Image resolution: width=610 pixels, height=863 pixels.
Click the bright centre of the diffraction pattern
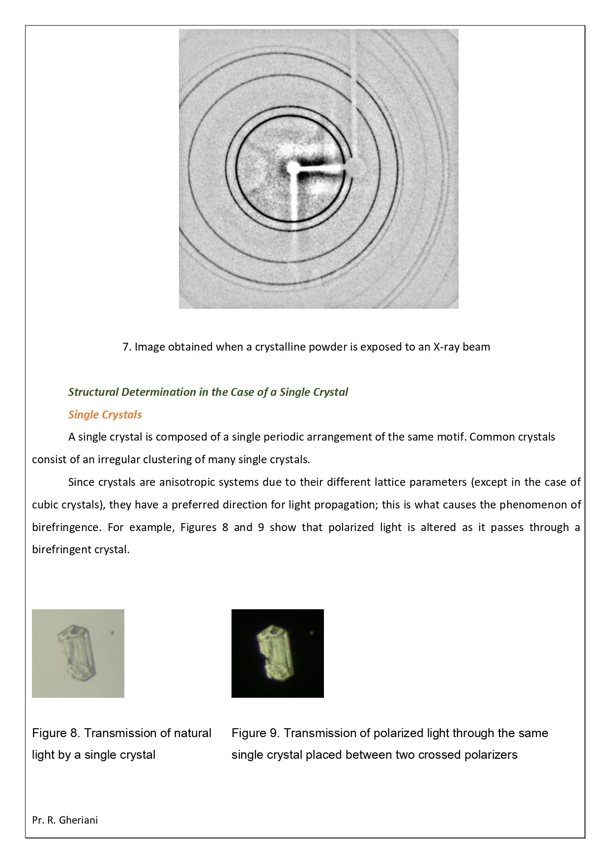[x=293, y=169]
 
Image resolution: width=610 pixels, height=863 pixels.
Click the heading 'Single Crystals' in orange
[x=105, y=415]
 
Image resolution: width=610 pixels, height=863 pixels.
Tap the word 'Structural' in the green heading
[x=93, y=392]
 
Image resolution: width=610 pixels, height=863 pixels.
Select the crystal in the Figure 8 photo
[x=77, y=653]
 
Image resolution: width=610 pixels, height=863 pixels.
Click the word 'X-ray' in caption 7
[x=446, y=347]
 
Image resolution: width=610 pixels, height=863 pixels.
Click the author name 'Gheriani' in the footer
[x=78, y=820]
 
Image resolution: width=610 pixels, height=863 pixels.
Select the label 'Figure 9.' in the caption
[x=256, y=733]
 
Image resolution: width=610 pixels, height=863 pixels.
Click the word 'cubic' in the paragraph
[x=45, y=505]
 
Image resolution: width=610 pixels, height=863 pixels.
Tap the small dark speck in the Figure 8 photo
[x=112, y=632]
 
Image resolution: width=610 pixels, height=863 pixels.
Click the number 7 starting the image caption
[x=126, y=347]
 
